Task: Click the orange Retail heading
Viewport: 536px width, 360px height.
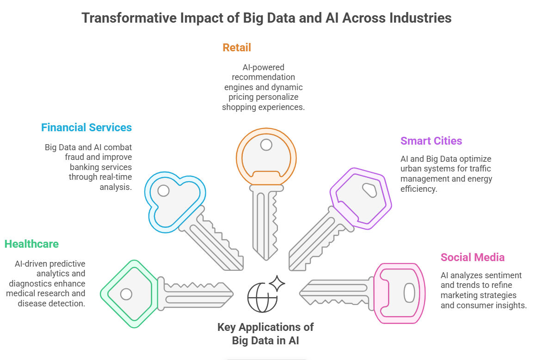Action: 236,48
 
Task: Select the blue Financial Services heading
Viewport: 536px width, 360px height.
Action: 86,128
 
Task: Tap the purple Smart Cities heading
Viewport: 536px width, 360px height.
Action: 431,141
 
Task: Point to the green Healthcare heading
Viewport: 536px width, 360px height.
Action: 31,244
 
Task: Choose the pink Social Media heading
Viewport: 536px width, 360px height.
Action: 473,257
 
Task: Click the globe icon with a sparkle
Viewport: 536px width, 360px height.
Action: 266,294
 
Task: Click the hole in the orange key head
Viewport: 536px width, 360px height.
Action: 266,145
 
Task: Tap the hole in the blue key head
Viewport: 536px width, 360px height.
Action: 163,190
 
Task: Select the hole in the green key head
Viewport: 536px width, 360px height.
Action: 126,294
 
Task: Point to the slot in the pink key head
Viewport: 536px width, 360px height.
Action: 409,293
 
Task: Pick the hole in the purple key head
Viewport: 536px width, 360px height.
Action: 370,190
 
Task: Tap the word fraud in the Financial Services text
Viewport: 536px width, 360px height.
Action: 74,157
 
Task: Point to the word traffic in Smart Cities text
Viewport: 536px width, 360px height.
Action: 480,169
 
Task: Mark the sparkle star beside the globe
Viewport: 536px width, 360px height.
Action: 277,283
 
